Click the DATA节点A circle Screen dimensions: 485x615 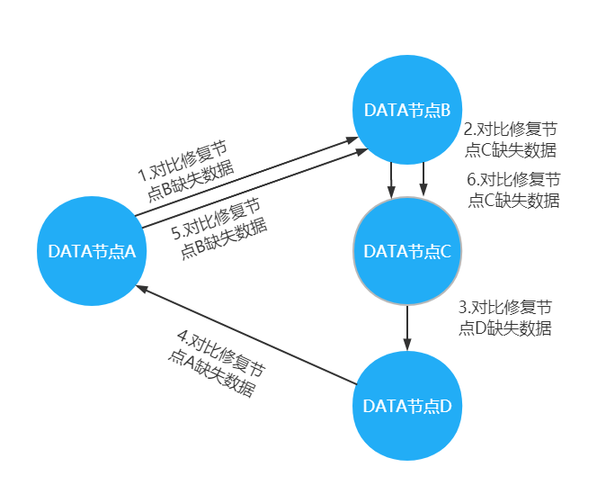92,252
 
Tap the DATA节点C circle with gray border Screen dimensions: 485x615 407,252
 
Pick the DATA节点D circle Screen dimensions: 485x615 407,406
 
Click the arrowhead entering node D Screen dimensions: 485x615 407,346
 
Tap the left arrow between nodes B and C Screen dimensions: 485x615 392,180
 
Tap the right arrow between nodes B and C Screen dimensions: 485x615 423,180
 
